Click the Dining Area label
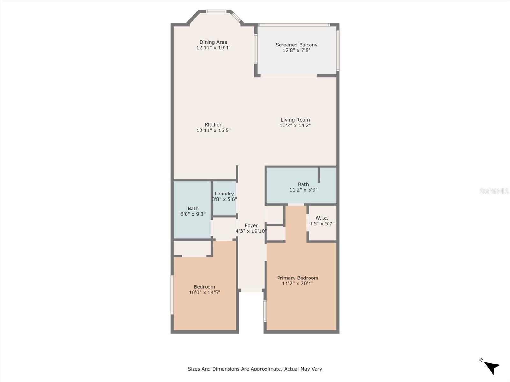pos(213,42)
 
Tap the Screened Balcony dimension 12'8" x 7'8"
pos(296,50)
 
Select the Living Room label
pos(295,120)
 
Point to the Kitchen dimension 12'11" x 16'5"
pos(213,130)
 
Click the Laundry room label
pos(224,194)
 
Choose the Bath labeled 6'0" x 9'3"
pos(193,211)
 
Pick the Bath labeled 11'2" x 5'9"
pos(303,187)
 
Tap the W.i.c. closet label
pos(322,218)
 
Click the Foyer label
pos(251,225)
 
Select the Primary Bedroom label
pos(297,278)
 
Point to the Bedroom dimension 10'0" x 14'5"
pos(204,292)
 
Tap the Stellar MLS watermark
pos(494,191)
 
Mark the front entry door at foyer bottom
pos(251,290)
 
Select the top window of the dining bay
pos(216,11)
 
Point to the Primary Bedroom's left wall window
pos(265,311)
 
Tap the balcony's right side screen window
pos(338,50)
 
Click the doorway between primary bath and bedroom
pos(296,204)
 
